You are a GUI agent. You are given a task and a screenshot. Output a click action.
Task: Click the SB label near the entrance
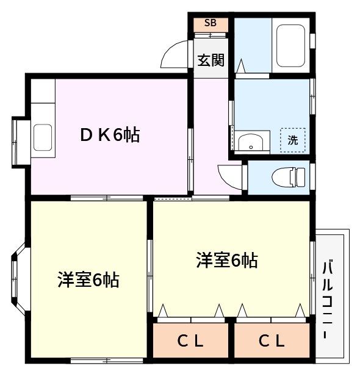coord(211,23)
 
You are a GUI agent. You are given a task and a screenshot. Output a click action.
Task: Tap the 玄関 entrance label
coord(211,60)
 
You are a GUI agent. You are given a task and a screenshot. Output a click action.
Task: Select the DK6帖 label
coord(110,135)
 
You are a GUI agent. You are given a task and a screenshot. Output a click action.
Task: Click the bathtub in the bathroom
coord(290,45)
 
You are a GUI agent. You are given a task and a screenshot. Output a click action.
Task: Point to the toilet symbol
coord(289,177)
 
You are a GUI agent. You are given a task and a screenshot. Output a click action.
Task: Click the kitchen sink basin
coord(43,137)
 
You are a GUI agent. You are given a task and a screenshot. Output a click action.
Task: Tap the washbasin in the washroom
coord(251,143)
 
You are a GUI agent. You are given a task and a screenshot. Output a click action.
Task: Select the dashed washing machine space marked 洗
coord(293,140)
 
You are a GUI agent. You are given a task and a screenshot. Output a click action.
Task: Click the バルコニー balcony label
coord(328,300)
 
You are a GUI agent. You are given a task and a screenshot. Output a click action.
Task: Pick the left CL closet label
coord(190,341)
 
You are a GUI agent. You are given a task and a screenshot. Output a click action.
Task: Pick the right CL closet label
coord(272,341)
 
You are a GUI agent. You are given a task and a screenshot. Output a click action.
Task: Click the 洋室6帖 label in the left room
coord(88,279)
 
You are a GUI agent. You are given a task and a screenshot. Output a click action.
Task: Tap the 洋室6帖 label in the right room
coord(227,260)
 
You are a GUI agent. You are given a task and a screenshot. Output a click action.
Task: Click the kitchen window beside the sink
coord(15,142)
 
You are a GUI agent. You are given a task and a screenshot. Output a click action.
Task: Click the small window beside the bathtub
coord(312,41)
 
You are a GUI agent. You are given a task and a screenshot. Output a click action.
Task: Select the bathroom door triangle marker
coord(241,65)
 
